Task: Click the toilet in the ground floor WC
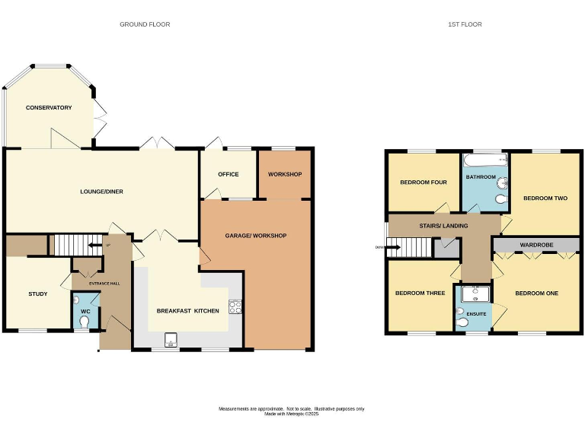pos(84,322)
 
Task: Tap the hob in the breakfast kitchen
pos(235,307)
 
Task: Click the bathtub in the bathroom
pos(484,160)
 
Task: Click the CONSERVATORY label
pos(49,108)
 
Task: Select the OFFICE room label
pos(229,175)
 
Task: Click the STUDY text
pos(38,294)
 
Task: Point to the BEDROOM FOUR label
pos(424,182)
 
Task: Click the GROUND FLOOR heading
pos(145,24)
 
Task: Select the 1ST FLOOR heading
pos(465,24)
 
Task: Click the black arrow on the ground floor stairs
pos(93,246)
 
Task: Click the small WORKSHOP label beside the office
pos(285,175)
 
